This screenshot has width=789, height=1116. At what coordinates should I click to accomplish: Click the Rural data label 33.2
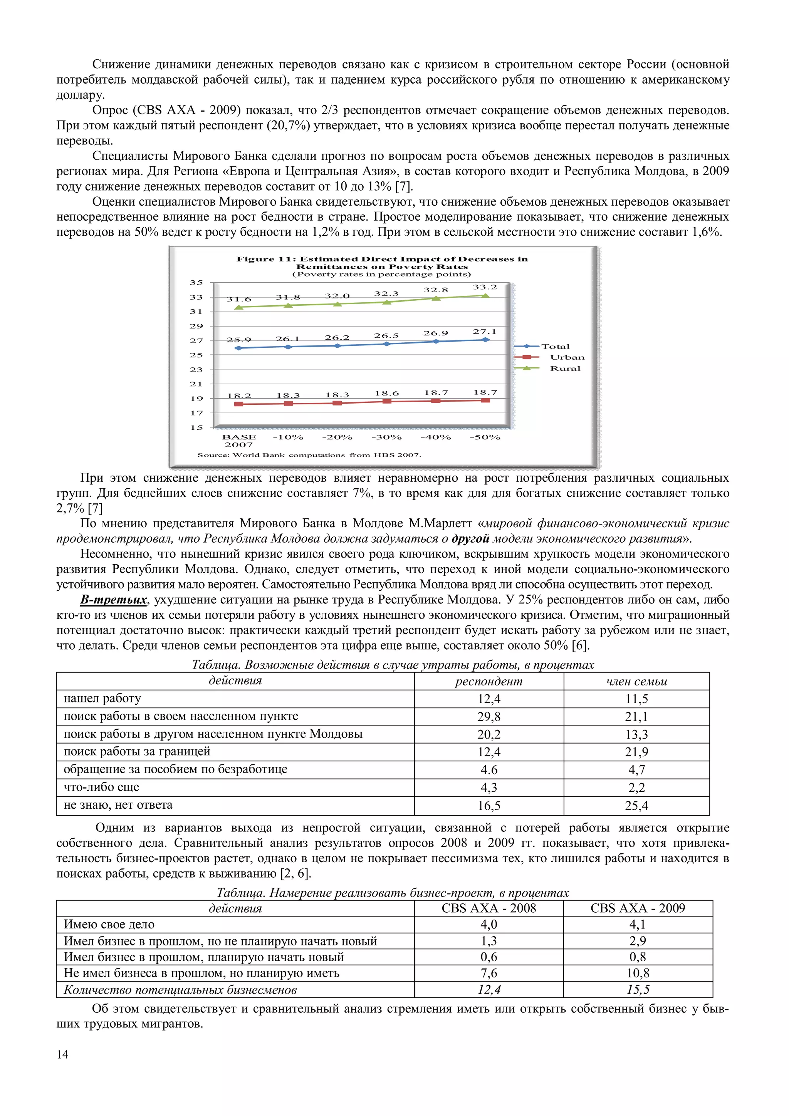(485, 287)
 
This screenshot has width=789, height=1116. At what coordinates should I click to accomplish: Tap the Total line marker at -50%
(485, 340)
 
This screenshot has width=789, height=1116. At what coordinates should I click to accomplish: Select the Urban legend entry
(567, 357)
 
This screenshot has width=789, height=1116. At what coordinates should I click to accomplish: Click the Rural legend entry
(565, 369)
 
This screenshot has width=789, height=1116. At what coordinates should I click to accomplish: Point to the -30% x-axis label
(386, 437)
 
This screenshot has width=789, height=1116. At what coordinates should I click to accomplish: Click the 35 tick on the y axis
(196, 282)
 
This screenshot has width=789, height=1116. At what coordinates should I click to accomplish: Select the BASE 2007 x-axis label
(239, 441)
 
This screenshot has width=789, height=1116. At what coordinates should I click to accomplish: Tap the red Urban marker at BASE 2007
(239, 404)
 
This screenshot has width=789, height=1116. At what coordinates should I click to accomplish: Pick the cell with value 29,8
(489, 716)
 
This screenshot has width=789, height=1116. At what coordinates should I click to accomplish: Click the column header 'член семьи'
(636, 682)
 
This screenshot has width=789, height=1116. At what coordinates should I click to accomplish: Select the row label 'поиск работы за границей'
(137, 751)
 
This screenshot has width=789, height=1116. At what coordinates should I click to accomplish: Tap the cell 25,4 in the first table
(636, 806)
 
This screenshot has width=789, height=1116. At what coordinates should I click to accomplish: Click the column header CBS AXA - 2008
(489, 908)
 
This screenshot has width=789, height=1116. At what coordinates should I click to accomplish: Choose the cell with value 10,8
(638, 973)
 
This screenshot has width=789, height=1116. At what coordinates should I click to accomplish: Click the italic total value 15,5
(638, 990)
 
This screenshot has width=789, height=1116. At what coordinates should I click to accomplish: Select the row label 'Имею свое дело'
(109, 925)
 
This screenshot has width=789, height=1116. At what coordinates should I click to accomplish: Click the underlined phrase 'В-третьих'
(113, 600)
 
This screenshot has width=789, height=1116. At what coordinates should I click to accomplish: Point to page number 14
(62, 1054)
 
